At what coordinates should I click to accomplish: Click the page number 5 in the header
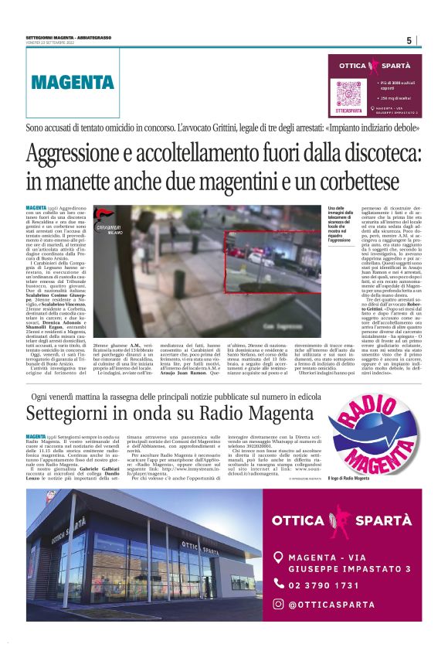(409, 40)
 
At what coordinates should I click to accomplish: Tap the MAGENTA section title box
(73, 82)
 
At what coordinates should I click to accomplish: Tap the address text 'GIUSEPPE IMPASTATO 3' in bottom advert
(344, 569)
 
